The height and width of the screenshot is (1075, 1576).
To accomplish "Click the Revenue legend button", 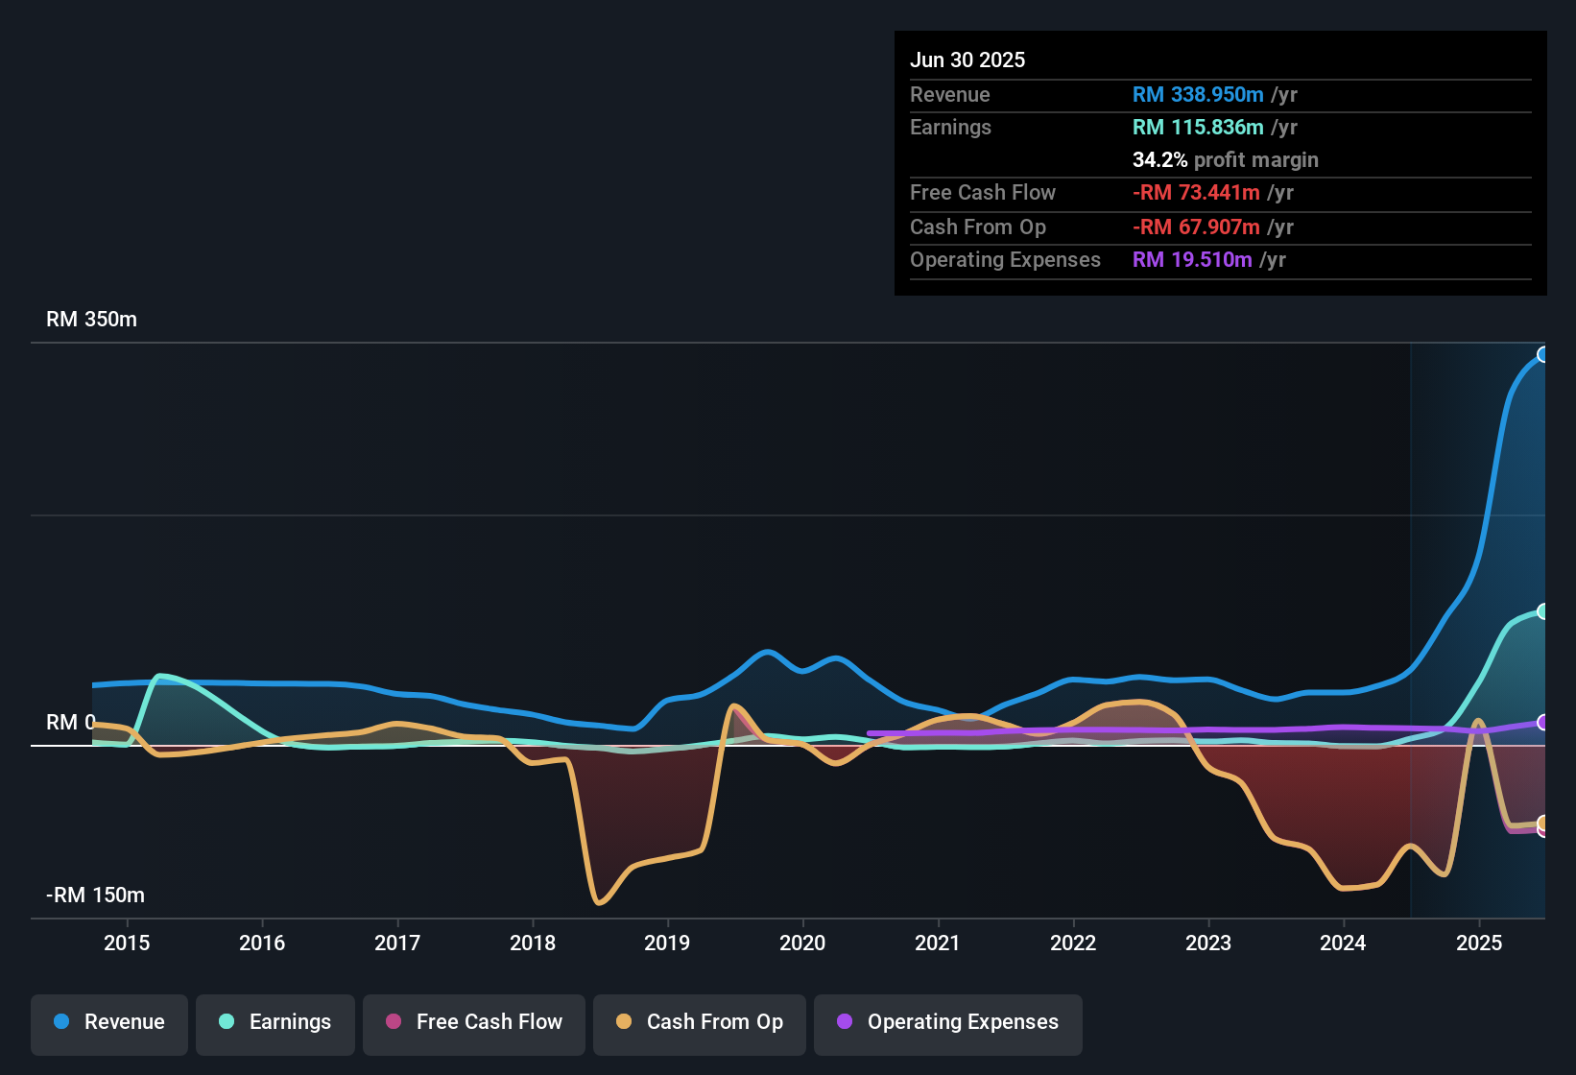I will pos(109,1022).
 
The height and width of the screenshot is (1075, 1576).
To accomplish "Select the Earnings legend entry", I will pos(275,1022).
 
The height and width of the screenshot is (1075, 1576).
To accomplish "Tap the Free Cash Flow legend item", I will pos(474,1022).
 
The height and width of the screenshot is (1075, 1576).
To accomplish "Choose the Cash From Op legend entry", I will pos(700,1022).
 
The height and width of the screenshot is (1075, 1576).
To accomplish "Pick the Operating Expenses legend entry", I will pos(948,1022).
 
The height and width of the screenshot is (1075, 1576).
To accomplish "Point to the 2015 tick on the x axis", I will pos(127,943).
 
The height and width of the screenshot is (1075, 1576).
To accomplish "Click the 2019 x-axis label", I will pos(667,943).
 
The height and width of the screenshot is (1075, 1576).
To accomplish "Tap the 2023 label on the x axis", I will pos(1208,943).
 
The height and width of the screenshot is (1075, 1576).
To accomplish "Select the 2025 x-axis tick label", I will pos(1479,943).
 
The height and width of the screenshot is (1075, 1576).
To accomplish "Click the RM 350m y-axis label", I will pos(91,320).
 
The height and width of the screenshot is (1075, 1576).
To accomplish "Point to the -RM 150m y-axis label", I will pos(95,896).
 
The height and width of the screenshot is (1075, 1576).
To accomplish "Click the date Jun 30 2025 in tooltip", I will pos(967,60).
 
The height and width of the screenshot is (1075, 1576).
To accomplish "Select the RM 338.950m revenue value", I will pos(1198,95).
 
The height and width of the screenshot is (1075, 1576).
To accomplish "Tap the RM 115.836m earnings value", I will pos(1198,128).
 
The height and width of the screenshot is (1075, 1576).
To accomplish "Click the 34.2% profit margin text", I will pos(1225,160).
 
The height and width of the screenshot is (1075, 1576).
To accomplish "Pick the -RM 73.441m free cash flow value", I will pos(1196,193).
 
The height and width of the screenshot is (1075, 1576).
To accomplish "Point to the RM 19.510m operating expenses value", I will pos(1192,260).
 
